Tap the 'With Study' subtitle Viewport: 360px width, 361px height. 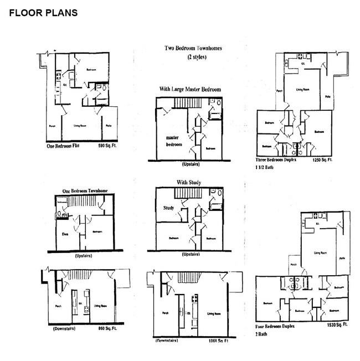[189, 182]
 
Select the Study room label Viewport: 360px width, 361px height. [168, 208]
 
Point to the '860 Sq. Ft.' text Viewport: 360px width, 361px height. [109, 328]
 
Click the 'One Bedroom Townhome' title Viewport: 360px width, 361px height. [84, 191]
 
